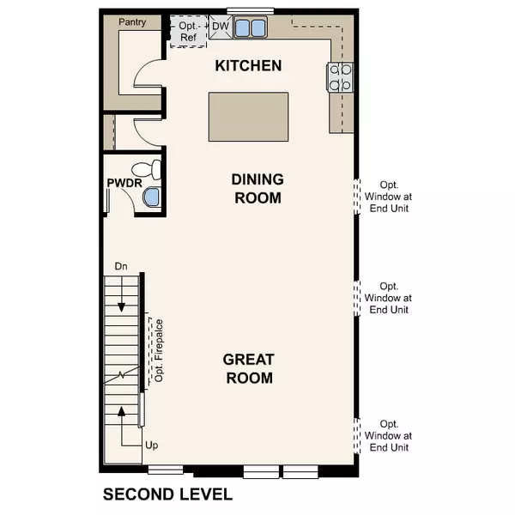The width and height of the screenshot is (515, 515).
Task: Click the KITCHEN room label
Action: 248,66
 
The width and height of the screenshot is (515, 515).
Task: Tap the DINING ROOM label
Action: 257,188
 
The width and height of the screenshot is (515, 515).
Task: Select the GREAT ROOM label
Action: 248,369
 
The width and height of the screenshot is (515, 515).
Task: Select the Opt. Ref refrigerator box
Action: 187,32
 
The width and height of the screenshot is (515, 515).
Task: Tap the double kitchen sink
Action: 251,28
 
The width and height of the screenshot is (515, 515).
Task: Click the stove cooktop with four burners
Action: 341,77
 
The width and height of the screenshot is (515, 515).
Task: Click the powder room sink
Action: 152,198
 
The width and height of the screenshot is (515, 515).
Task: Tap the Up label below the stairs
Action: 152,445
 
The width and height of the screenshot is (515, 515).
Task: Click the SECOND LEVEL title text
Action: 167,494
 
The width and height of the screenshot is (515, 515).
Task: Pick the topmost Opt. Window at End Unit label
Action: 389,197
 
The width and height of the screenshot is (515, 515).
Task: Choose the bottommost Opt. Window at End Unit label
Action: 389,435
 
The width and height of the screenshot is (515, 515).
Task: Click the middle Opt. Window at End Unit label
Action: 389,298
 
